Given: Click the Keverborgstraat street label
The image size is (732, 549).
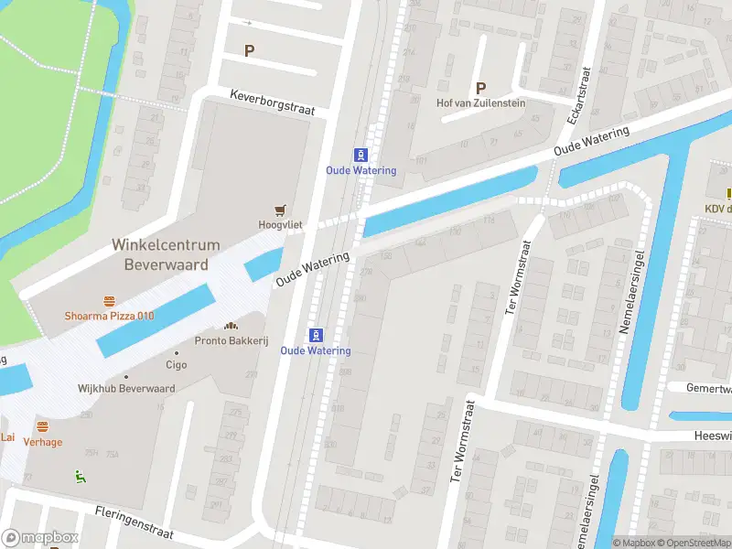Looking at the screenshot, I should click(272, 102).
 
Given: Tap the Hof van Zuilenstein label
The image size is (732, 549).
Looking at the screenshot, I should click(480, 103).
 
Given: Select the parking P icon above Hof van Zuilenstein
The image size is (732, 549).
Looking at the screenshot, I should click(479, 88).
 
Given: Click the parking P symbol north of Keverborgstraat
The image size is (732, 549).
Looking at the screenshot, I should click(248, 51).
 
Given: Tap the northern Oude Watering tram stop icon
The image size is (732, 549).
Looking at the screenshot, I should click(361, 155).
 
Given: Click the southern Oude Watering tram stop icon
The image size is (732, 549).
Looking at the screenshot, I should click(316, 335).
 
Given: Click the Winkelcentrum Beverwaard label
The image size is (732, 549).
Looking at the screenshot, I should click(166, 254).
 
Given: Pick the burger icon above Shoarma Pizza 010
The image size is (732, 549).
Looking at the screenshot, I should click(109, 301).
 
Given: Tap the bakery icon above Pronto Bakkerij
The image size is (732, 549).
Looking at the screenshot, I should click(230, 326).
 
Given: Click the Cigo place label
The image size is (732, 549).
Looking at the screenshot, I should click(176, 364).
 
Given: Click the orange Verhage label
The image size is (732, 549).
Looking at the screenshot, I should click(43, 442).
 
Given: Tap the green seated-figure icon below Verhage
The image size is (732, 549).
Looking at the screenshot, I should click(79, 475).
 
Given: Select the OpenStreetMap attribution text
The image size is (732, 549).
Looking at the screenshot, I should click(692, 544).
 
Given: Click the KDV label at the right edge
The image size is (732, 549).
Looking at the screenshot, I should click(716, 209).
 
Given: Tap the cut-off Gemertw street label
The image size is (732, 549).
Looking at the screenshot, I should click(708, 388).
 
